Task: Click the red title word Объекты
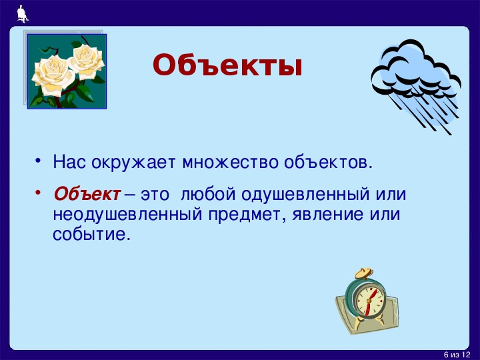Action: click(x=227, y=65)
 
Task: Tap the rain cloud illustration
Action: click(x=416, y=86)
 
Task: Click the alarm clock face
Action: click(x=370, y=300)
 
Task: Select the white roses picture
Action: click(x=67, y=71)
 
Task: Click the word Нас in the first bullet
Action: click(x=69, y=161)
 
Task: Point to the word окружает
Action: click(x=133, y=162)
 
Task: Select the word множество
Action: click(x=230, y=162)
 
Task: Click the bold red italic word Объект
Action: click(x=87, y=194)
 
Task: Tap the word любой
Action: click(x=208, y=194)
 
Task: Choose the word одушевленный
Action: click(x=305, y=195)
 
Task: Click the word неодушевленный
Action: click(x=127, y=214)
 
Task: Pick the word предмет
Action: click(x=247, y=215)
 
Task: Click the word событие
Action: click(x=89, y=235)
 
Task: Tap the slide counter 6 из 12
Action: click(x=457, y=355)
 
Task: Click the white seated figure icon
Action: click(x=23, y=14)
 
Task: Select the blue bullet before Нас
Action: click(x=37, y=161)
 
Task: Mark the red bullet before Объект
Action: click(x=37, y=193)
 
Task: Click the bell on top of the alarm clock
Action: click(x=364, y=273)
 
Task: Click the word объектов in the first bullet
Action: click(x=328, y=162)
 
